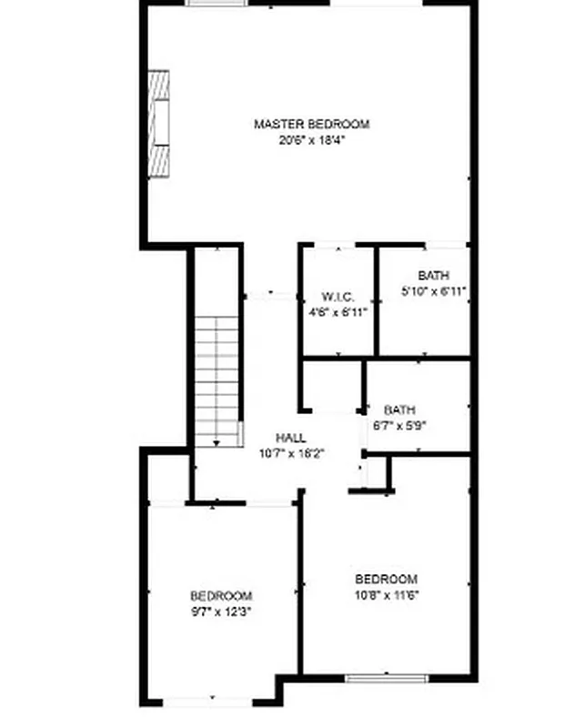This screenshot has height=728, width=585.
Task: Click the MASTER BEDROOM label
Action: click(311, 125)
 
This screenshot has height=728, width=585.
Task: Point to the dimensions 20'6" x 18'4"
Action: click(311, 140)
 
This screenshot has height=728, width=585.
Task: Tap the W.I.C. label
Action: click(337, 298)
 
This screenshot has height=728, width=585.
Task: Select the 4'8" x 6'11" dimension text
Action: click(337, 312)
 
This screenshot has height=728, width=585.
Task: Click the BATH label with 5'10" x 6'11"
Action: click(433, 276)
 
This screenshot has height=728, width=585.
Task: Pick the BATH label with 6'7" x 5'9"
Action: click(398, 410)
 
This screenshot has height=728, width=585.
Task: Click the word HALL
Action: click(291, 438)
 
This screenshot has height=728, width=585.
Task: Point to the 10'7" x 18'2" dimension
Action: click(291, 453)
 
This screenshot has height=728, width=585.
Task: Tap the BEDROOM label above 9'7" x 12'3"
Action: click(221, 596)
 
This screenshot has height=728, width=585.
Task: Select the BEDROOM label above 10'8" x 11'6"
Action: click(386, 580)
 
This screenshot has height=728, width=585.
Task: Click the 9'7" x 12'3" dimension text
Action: click(221, 612)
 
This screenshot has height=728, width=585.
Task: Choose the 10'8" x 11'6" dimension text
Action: click(386, 595)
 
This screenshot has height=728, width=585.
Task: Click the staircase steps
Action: click(217, 373)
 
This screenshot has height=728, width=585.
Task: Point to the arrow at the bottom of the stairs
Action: click(217, 442)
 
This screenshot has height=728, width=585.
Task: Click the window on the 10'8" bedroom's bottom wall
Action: click(386, 678)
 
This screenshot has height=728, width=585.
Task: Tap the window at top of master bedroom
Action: click(217, 3)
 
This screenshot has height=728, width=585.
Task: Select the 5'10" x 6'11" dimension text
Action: click(433, 291)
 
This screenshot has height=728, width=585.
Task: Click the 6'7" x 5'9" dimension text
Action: click(398, 425)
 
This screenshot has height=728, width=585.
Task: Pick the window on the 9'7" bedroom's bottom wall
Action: click(207, 702)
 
